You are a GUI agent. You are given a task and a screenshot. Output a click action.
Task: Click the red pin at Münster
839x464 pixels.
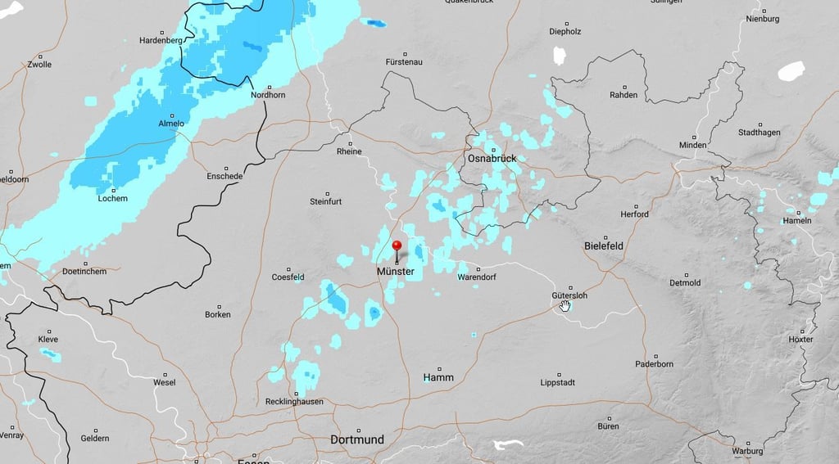397,246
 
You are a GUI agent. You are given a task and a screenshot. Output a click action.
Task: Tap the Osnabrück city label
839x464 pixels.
492,158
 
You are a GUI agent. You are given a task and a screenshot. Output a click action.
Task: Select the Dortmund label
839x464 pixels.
356,439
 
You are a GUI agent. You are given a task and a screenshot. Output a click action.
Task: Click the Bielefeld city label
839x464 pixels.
604,246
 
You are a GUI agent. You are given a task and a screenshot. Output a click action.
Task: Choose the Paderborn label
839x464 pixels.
654,364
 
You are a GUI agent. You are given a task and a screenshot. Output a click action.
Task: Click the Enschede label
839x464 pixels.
224,176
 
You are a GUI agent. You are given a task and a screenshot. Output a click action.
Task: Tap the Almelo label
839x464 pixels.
171,124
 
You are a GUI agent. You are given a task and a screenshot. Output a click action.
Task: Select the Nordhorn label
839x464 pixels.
267,95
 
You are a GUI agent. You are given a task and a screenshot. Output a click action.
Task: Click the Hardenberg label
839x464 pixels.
161,40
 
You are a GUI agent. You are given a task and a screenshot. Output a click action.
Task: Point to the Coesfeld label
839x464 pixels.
288,277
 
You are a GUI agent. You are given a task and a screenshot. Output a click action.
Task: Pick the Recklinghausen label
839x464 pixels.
294,401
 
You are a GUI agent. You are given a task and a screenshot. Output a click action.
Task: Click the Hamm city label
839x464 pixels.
438,377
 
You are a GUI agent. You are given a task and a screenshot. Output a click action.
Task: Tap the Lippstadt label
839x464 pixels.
558,382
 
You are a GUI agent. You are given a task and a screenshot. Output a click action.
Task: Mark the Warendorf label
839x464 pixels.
478,277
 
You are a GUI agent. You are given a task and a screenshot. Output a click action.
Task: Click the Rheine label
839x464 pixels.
349,151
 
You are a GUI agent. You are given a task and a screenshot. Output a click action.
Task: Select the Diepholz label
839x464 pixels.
565,32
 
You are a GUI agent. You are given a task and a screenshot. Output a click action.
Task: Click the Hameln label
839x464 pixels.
797,220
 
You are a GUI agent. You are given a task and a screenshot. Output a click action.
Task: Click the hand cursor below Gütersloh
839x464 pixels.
565,306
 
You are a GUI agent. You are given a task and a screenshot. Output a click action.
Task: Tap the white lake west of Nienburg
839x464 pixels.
791,71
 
